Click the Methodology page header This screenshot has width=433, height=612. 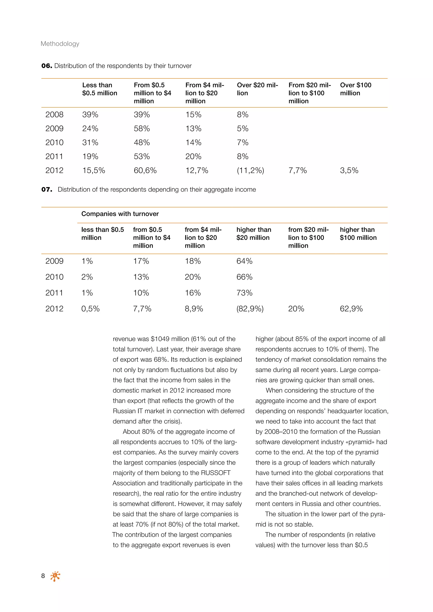[60, 44]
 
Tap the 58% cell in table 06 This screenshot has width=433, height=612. [142, 129]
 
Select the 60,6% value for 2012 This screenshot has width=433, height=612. [145, 171]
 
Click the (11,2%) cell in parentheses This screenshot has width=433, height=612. [250, 171]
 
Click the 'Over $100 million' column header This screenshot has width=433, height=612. [355, 89]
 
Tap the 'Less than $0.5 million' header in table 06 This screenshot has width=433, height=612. [99, 89]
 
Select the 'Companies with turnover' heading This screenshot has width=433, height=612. [120, 214]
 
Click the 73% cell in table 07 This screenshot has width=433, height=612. [244, 293]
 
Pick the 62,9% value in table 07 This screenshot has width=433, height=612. [351, 309]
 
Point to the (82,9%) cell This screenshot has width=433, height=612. [250, 309]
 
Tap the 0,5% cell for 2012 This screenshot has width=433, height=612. [90, 309]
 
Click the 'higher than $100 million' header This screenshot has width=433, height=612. [358, 234]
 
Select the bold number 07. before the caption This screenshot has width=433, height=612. [47, 190]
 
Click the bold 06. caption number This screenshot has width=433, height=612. [47, 66]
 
